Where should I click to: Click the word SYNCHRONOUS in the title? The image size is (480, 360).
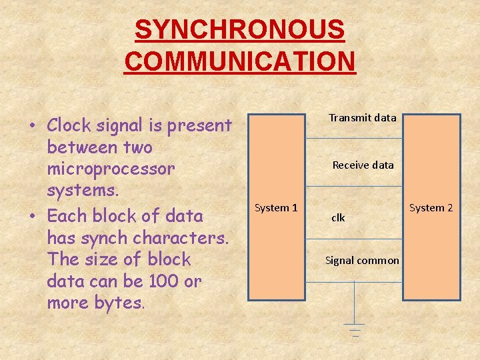click(240, 29)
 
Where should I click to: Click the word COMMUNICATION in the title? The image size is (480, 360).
click(240, 61)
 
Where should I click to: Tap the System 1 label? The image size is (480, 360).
click(276, 208)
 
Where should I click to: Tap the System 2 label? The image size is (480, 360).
click(431, 208)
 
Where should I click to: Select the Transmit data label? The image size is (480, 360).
click(363, 118)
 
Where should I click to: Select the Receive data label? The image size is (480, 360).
click(363, 165)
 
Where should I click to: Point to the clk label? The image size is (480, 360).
click(338, 218)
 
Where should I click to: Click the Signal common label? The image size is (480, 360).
click(362, 261)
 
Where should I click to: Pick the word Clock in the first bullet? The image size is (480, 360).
click(71, 125)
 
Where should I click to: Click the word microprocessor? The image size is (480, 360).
click(111, 169)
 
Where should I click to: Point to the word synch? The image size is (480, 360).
click(108, 238)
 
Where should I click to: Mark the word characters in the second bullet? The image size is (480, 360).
click(181, 238)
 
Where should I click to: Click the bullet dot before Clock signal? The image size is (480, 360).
click(32, 126)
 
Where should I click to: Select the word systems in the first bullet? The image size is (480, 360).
click(83, 191)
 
